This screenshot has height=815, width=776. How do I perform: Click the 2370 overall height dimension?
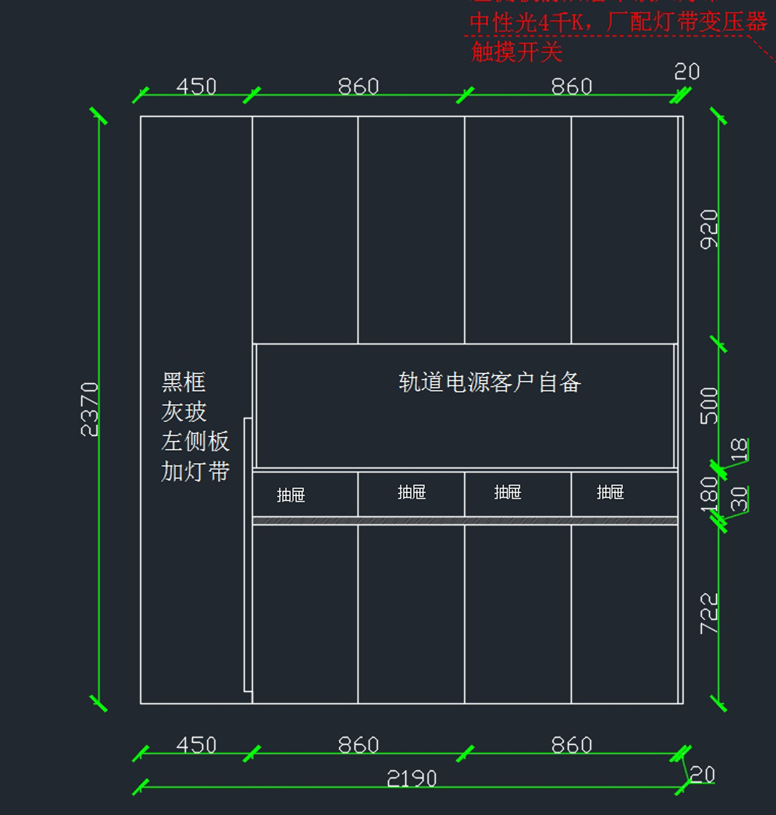point(89,409)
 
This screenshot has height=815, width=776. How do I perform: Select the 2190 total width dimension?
point(411,778)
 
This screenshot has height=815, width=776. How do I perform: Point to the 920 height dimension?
point(709,229)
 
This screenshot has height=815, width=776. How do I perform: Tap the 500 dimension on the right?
point(709,406)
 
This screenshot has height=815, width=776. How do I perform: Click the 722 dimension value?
point(709,613)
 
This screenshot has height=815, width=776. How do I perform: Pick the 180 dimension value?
point(709,494)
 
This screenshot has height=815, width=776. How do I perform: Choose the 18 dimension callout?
point(738,449)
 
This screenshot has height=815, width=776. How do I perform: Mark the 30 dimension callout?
point(738,499)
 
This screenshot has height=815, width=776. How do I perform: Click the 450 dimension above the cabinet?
point(196,86)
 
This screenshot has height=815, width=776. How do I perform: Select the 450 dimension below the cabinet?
point(196,744)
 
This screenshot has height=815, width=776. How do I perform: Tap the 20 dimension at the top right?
point(686,71)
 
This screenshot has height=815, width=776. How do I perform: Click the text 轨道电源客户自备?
point(490,382)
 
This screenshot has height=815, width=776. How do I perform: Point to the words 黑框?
point(184,382)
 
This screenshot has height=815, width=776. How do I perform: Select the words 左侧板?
point(195,442)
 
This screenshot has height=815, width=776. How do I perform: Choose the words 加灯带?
point(195,472)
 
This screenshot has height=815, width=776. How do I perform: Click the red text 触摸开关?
point(516,52)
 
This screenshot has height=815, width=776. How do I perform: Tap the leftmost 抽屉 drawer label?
point(290,495)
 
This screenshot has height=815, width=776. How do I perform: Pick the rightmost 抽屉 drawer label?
point(610,492)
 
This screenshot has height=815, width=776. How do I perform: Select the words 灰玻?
point(184,412)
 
